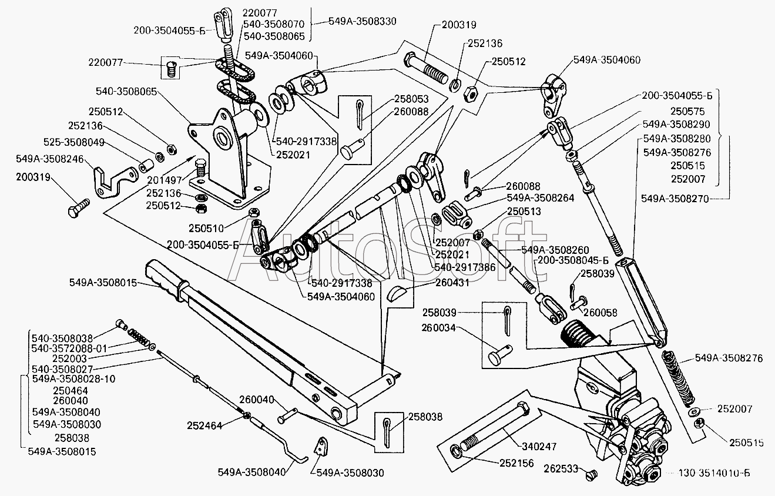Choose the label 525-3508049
(73, 142)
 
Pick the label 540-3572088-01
(69, 348)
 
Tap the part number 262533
(562, 469)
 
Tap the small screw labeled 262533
(592, 473)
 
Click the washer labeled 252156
(457, 451)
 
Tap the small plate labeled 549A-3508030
(321, 445)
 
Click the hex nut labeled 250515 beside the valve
(700, 424)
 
